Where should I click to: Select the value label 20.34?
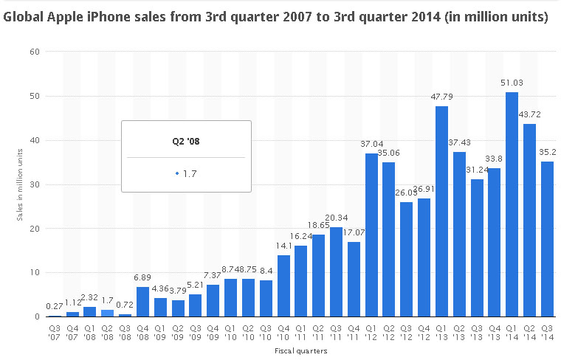pyautogui.click(x=337, y=218)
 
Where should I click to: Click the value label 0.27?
pyautogui.click(x=55, y=306)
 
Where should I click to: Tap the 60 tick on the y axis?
pyautogui.click(x=35, y=52)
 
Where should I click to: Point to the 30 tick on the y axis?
pyautogui.click(x=35, y=184)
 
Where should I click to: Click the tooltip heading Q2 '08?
pyautogui.click(x=186, y=140)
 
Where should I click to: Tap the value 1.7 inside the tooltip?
pyautogui.click(x=188, y=174)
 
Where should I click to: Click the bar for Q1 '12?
pyautogui.click(x=371, y=235)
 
